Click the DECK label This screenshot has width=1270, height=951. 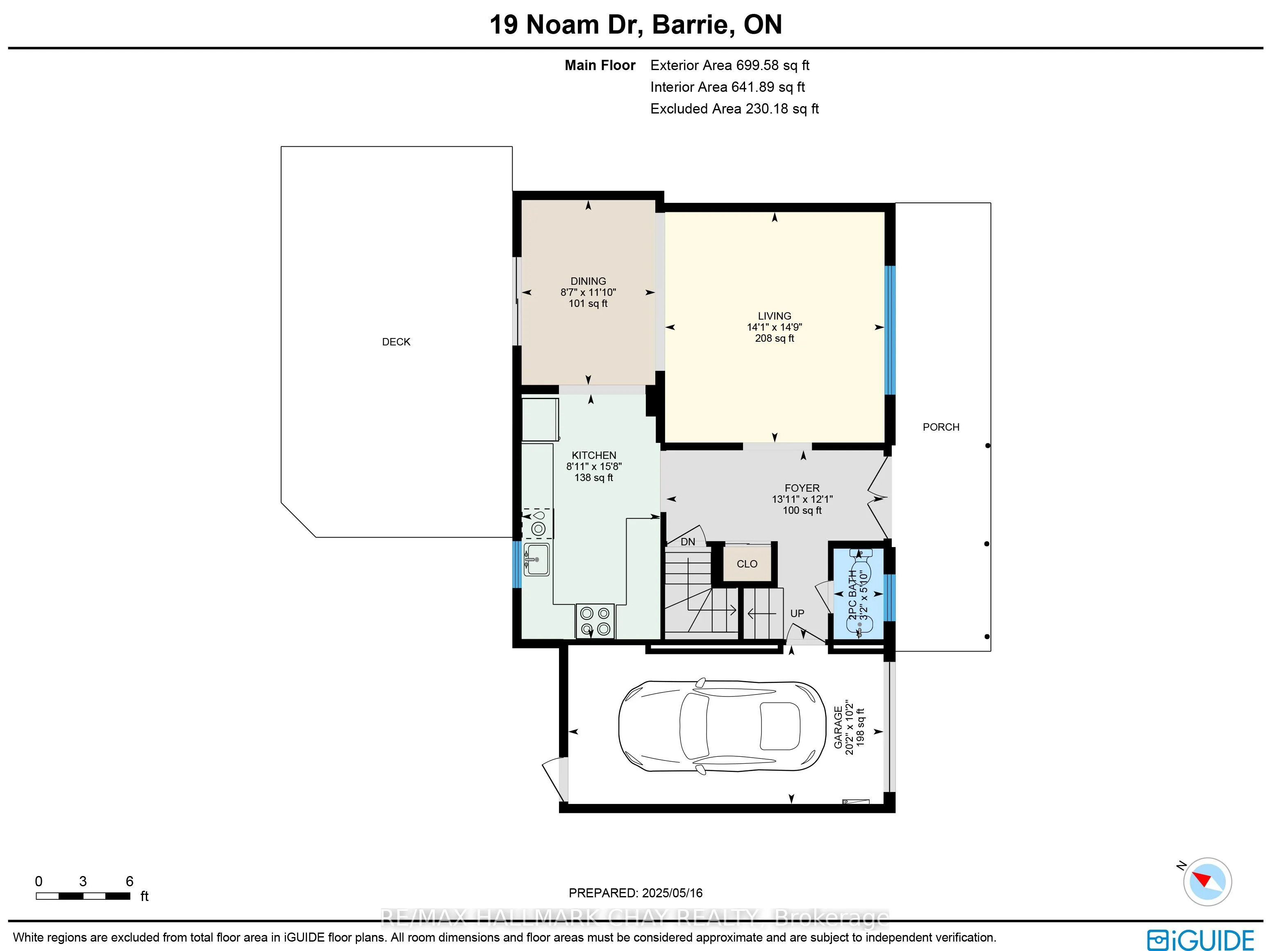coord(396,341)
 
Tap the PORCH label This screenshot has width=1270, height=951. coord(941,427)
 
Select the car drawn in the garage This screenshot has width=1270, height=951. coord(722,726)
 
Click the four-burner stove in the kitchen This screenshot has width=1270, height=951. coord(595,621)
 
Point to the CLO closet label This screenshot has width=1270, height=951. coord(747,564)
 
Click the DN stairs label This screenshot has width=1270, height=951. coord(688,542)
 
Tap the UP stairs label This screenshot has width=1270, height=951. coord(797,613)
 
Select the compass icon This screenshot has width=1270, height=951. coord(1207,882)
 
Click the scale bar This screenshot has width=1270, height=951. coord(83,896)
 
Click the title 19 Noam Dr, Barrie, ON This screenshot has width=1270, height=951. coord(636,25)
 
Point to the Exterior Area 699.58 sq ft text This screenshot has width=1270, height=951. coord(730,66)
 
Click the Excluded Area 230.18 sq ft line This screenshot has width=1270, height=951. coord(734,109)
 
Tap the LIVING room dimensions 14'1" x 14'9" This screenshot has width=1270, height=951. coord(775,327)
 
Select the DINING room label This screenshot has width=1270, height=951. coord(588,281)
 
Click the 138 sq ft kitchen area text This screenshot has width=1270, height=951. coord(594,477)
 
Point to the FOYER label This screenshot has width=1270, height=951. coord(802,488)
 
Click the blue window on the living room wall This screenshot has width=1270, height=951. coord(890,330)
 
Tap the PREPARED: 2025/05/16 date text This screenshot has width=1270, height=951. coord(636,893)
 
